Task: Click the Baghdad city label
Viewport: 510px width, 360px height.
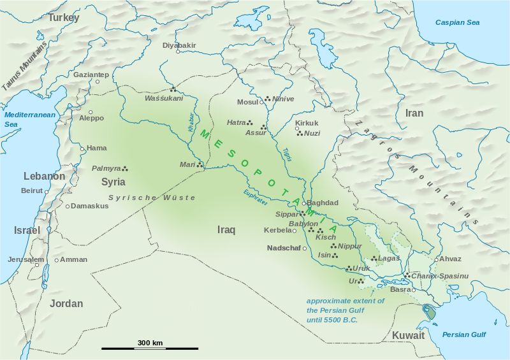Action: [x=323, y=203]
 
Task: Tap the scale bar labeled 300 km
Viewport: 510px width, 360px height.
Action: [x=150, y=349]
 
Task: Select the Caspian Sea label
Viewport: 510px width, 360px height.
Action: [x=457, y=22]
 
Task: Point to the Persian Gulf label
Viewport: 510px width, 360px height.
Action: [x=465, y=335]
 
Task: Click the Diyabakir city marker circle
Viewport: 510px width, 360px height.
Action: [x=178, y=52]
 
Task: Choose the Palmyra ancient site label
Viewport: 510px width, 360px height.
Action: [x=106, y=168]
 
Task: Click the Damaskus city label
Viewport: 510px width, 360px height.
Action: [x=89, y=206]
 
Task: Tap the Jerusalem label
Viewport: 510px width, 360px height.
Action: [x=26, y=259]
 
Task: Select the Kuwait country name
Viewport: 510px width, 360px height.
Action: [x=409, y=335]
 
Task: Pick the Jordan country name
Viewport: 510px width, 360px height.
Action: [x=66, y=303]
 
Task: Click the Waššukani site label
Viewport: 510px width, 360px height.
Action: [x=164, y=98]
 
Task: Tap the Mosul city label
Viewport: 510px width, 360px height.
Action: [x=247, y=102]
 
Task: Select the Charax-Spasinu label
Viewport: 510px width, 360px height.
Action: [x=440, y=275]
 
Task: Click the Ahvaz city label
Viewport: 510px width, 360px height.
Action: [x=450, y=259]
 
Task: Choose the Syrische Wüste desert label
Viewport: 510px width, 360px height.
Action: [x=152, y=198]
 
